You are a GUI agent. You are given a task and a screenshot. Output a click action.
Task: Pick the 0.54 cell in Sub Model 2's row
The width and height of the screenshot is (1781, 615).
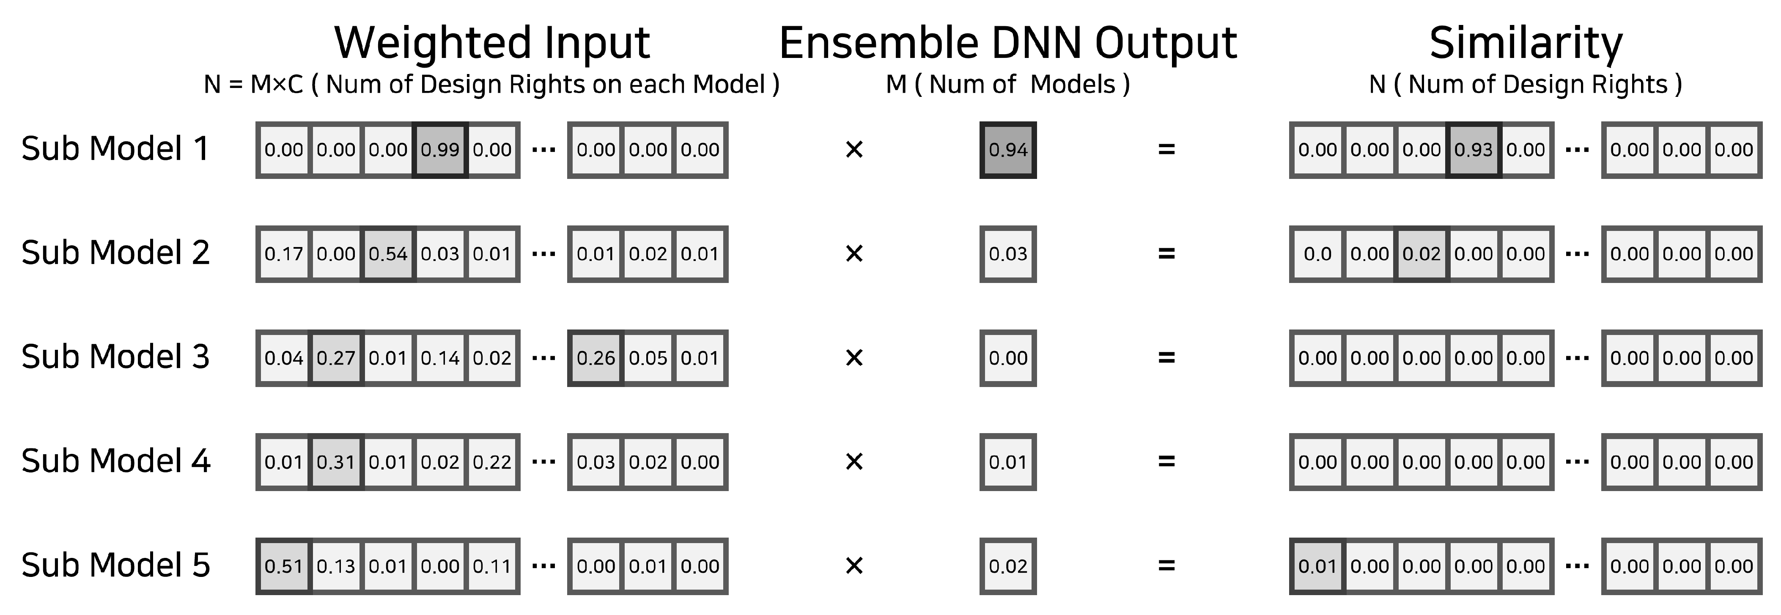point(388,254)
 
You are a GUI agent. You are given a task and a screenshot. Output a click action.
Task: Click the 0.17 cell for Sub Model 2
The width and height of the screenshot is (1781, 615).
point(283,254)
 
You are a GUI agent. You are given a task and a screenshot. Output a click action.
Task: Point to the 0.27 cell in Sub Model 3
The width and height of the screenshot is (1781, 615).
point(336,358)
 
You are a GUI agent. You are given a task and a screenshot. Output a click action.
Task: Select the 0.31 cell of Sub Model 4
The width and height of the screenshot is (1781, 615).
point(336,462)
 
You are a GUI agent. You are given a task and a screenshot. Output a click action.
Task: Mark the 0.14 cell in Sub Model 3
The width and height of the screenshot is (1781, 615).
point(440,358)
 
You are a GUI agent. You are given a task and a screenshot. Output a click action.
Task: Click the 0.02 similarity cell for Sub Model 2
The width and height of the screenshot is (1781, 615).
point(1422,254)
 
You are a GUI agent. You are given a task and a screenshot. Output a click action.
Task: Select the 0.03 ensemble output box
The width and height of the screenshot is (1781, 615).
point(1007,254)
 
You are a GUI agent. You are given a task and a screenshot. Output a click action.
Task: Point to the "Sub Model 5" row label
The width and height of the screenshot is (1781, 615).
point(115,565)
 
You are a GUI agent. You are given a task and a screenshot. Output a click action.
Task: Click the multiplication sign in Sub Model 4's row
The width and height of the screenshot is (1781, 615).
point(854,462)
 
